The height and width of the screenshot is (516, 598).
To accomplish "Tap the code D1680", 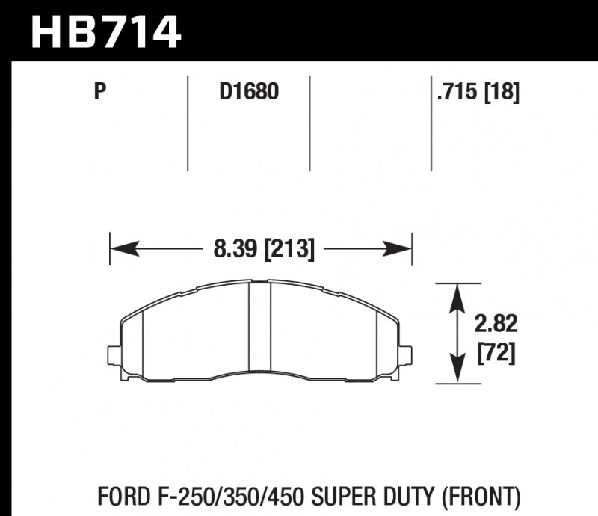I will [x=248, y=93].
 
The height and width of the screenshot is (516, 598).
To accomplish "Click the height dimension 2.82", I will [x=496, y=325].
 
